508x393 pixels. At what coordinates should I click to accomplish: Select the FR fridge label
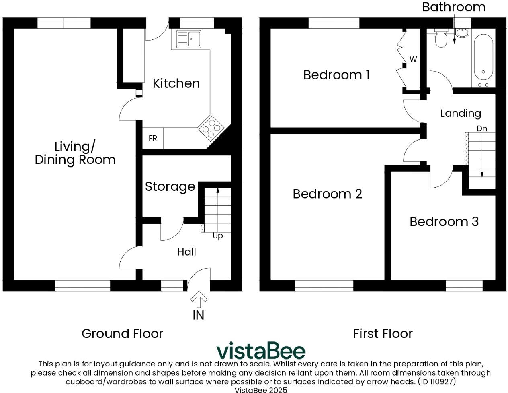click(153, 139)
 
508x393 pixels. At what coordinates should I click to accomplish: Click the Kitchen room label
click(176, 83)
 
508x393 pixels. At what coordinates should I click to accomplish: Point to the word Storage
click(170, 186)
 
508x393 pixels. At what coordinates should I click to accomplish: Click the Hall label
click(186, 252)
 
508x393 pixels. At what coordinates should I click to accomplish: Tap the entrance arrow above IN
click(199, 300)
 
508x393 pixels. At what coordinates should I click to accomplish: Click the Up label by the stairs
click(217, 236)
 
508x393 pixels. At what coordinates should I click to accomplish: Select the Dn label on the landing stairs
click(482, 128)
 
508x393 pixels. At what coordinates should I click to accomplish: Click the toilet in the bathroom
click(441, 39)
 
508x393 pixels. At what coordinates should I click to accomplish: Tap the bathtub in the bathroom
click(483, 58)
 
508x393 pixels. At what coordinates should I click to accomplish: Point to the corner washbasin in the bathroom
click(462, 33)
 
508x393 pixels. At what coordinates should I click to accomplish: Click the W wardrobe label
click(413, 60)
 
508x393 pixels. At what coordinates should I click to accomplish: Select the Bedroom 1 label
click(336, 75)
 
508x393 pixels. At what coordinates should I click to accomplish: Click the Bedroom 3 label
click(444, 222)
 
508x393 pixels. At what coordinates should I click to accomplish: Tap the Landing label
click(461, 113)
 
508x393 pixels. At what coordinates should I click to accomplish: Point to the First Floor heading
click(383, 333)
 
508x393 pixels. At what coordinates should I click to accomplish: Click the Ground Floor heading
click(122, 333)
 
